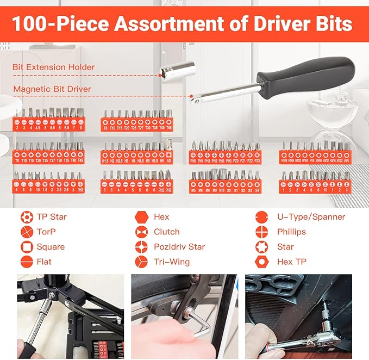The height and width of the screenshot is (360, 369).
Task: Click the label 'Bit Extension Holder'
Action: tap(54, 67)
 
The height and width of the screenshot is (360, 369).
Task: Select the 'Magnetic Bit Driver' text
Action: tap(52, 89)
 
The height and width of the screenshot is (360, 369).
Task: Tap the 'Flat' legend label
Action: tap(44, 262)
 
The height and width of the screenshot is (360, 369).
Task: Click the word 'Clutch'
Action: tap(166, 232)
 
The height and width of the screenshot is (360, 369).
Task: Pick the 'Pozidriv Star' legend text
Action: tap(179, 247)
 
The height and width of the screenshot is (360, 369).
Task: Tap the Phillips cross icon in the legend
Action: tap(262, 232)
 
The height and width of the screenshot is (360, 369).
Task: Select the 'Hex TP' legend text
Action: tap(292, 262)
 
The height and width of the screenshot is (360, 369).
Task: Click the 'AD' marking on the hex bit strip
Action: tap(170, 161)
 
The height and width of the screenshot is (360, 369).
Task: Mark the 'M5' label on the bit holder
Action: tap(193, 190)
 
